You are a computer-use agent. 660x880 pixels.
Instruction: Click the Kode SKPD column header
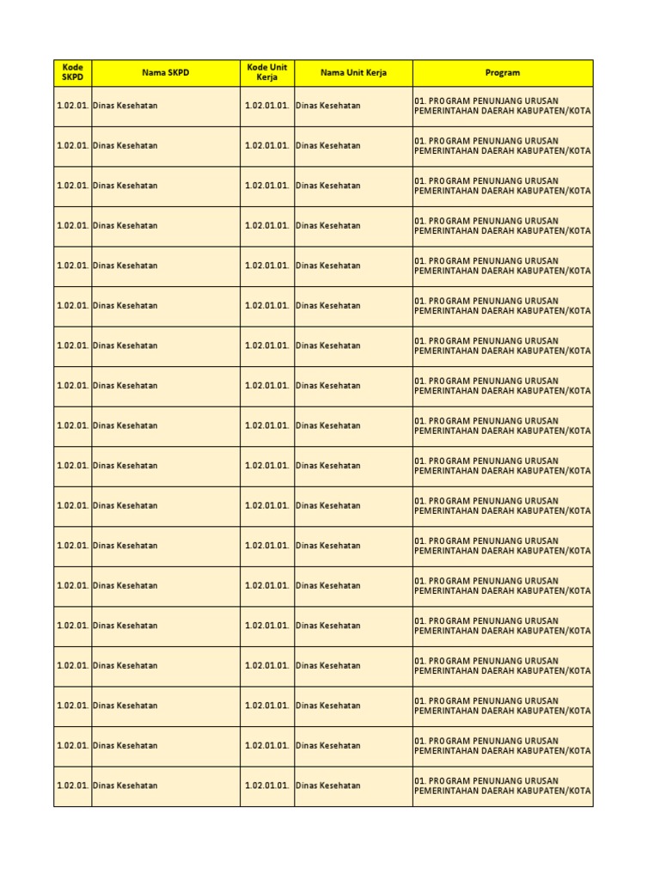[72, 73]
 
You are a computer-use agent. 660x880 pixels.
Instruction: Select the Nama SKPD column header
[165, 73]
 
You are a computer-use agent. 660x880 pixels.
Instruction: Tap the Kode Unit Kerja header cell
[266, 73]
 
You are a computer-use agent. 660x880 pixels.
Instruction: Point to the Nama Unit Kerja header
[353, 73]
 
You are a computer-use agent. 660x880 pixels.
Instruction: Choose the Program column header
[502, 73]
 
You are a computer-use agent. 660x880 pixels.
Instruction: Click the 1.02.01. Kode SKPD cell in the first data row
[72, 106]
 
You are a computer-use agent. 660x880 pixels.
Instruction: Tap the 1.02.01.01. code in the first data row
[266, 106]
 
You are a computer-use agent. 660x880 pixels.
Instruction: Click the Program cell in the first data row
[502, 106]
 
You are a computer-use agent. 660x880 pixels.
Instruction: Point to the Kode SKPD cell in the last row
[72, 785]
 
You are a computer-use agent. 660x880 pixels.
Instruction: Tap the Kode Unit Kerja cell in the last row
[266, 785]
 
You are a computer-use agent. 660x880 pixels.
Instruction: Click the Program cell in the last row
[502, 785]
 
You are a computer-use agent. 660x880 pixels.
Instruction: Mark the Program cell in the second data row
[502, 146]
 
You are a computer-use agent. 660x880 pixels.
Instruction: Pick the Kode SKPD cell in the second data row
[72, 146]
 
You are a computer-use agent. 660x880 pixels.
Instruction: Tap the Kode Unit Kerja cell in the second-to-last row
[266, 746]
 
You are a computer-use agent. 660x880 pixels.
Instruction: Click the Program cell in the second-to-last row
[502, 746]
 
